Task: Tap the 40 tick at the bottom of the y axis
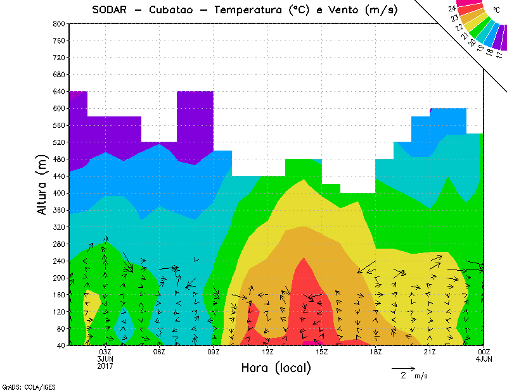61,346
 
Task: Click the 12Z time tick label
267,352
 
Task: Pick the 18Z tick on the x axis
376,352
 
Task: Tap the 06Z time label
159,352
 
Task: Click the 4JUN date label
484,359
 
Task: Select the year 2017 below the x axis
105,366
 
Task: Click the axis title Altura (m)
42,183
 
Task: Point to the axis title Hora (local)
276,368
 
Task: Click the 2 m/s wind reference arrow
403,368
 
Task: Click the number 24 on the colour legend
452,9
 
